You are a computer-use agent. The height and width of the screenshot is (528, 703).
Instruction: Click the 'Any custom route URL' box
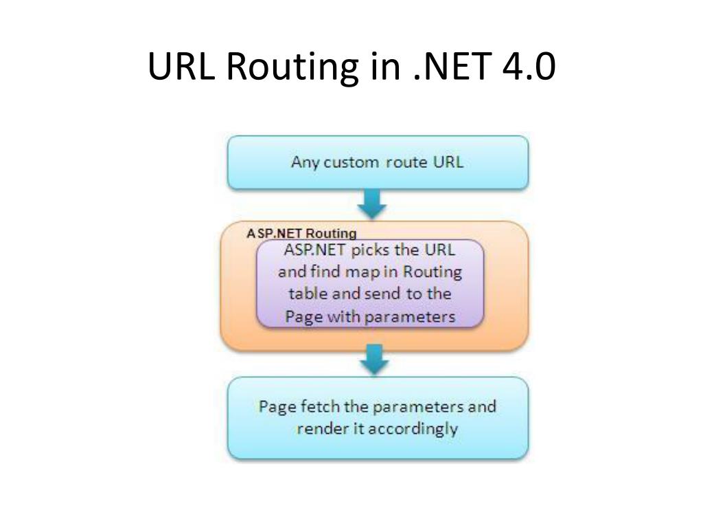(378, 162)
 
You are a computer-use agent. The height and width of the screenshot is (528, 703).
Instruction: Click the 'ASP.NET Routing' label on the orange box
(301, 233)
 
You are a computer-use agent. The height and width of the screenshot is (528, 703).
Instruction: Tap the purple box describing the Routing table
(370, 283)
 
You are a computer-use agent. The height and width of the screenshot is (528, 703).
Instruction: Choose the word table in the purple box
(309, 294)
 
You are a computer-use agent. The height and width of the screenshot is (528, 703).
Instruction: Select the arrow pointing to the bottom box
(374, 359)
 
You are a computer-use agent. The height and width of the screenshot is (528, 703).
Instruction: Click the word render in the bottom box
(316, 429)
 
